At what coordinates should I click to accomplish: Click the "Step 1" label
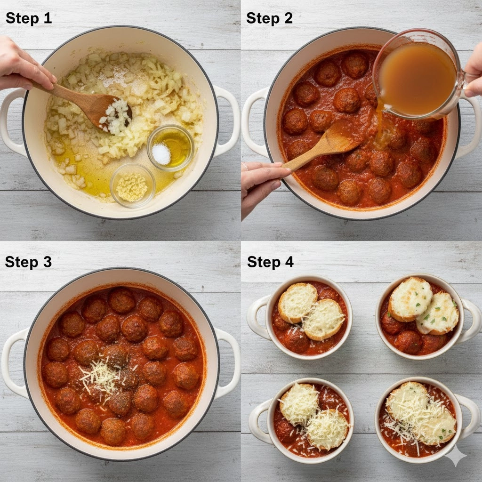point(29,18)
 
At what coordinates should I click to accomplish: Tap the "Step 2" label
point(269,18)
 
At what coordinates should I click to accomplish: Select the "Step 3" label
point(28,262)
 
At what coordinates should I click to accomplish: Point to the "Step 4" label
point(270,262)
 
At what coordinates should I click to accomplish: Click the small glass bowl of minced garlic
point(133,185)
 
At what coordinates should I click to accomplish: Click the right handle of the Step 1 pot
point(227,121)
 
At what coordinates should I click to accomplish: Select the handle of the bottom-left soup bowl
point(259,422)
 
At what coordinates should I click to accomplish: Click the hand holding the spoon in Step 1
point(23,65)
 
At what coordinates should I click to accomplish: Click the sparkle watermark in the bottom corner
point(456,456)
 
